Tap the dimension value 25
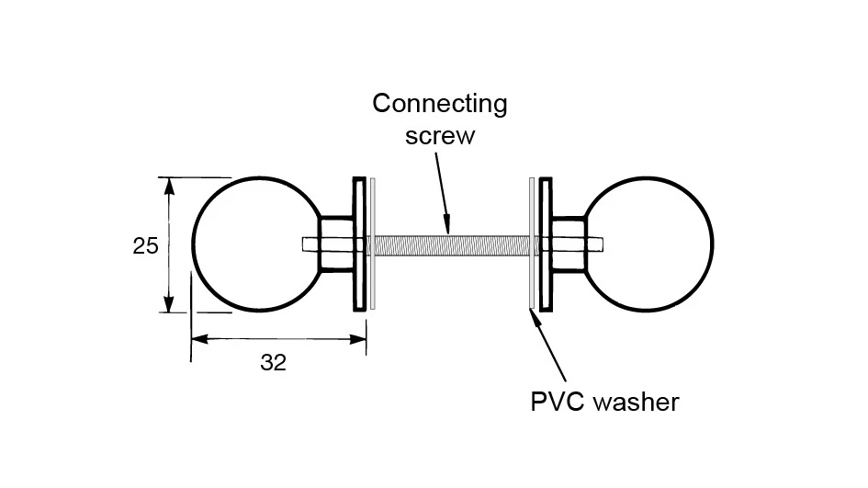[x=146, y=246]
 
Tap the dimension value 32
[x=273, y=363]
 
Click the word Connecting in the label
[x=439, y=103]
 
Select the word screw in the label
[x=441, y=136]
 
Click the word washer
[x=637, y=403]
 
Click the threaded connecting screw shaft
[x=450, y=244]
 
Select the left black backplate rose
[x=358, y=244]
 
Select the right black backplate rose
[x=546, y=244]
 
